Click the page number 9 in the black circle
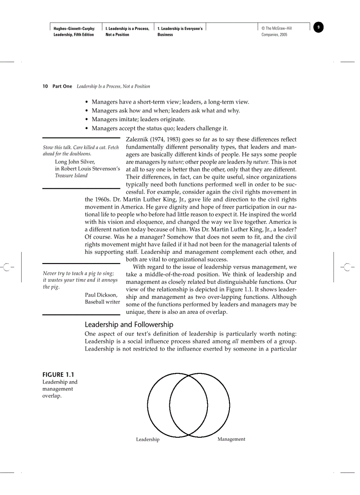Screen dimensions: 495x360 click(319, 28)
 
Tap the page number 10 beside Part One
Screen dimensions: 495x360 click(45, 86)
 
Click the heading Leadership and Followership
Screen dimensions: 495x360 click(129, 324)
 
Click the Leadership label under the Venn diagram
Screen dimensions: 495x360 click(148, 439)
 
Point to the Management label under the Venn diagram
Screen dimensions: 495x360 click(231, 439)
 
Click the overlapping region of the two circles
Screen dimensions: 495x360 click(189, 405)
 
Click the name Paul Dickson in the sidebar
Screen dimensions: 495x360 click(101, 295)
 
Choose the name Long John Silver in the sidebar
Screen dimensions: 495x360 click(75, 162)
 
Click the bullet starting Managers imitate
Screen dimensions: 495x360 click(138, 119)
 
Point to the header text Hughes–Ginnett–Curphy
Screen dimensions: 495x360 click(74, 29)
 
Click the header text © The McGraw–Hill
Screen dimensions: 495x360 click(277, 29)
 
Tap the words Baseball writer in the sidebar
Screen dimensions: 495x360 click(102, 302)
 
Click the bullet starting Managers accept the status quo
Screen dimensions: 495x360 click(159, 128)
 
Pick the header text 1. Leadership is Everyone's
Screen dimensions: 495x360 click(180, 29)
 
